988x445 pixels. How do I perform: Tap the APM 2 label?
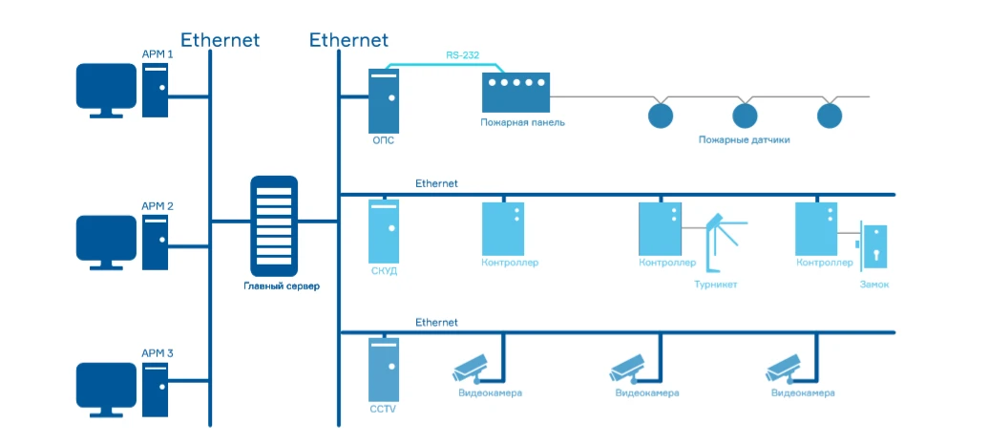158,206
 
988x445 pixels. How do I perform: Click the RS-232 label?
462,55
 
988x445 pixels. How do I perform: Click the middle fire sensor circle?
745,116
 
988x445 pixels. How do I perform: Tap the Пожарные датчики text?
744,139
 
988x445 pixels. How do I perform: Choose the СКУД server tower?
384,230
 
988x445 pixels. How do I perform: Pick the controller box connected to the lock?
816,227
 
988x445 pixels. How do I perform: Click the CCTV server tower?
384,370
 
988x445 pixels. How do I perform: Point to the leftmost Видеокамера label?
490,392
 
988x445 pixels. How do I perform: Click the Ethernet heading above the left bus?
220,40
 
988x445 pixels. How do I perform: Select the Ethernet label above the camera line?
436,323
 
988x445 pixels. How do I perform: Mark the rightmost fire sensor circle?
830,116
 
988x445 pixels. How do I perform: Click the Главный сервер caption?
275,286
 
